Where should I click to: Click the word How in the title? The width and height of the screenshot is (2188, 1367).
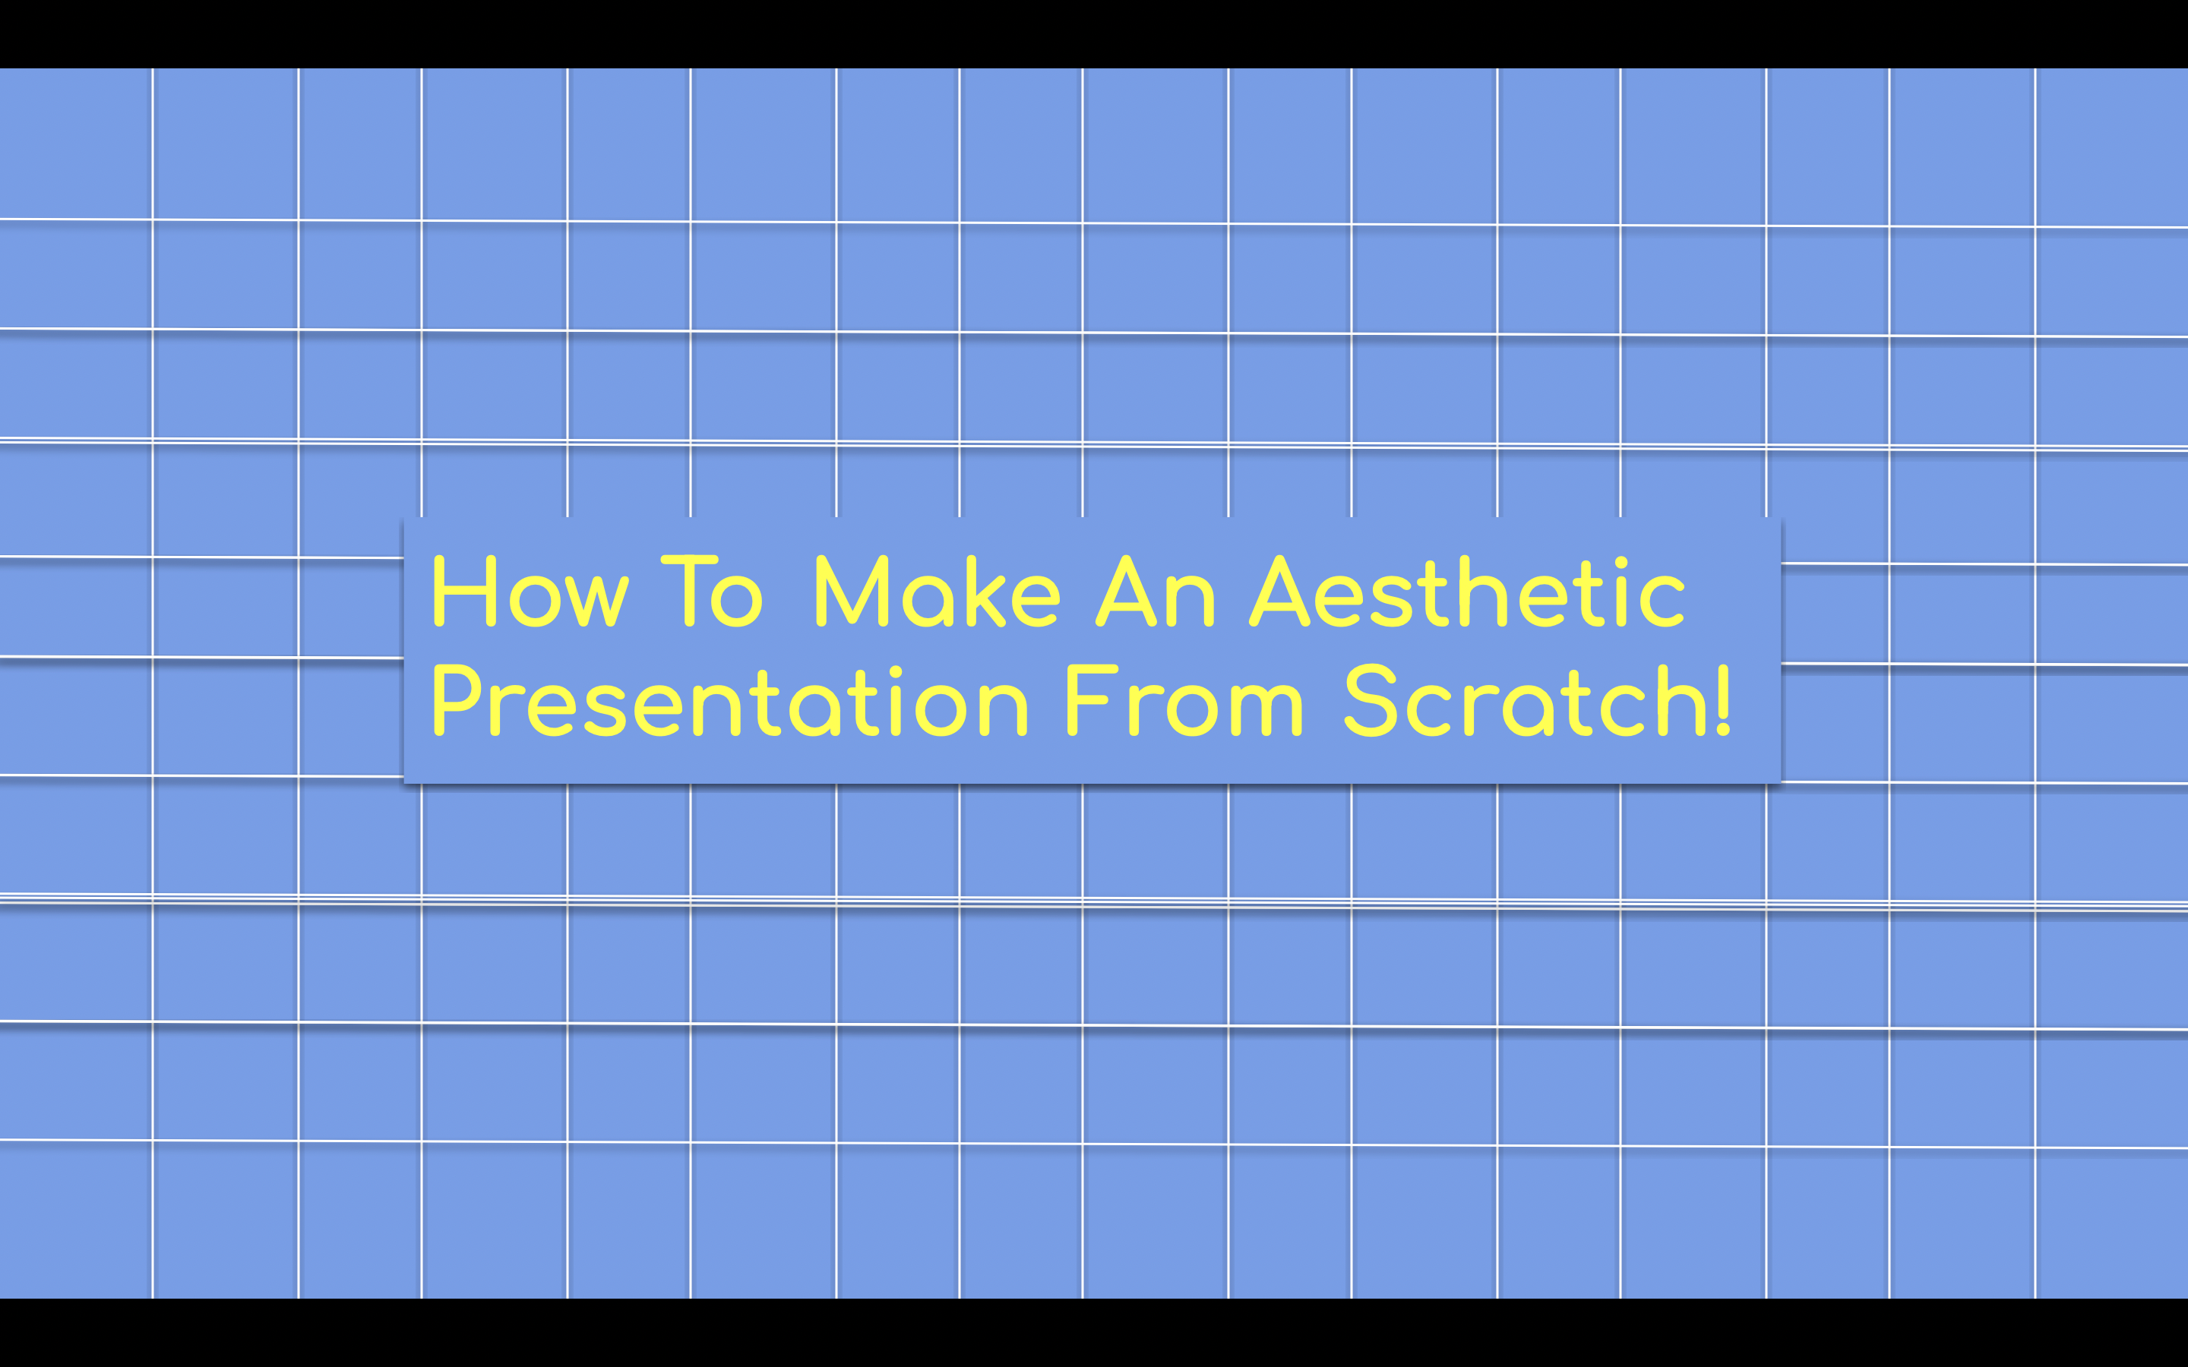(530, 592)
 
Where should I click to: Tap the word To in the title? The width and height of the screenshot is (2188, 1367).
(713, 592)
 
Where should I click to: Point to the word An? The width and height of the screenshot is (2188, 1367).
(1156, 592)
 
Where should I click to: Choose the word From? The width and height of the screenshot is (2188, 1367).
(1184, 702)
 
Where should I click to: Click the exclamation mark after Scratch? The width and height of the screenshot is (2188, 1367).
(1722, 701)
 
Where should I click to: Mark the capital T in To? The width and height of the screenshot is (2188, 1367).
(690, 592)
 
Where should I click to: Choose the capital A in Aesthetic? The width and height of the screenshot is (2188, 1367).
(1279, 592)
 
